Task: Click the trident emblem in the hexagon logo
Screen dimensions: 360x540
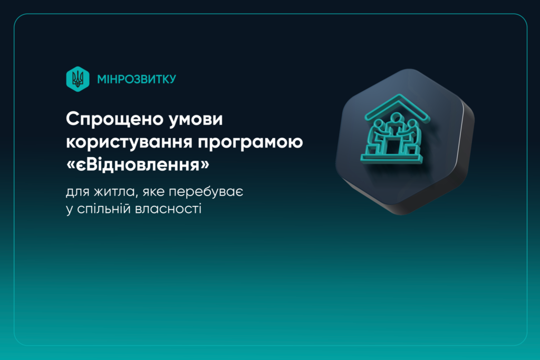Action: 78,79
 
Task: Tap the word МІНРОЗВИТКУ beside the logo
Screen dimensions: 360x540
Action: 137,79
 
